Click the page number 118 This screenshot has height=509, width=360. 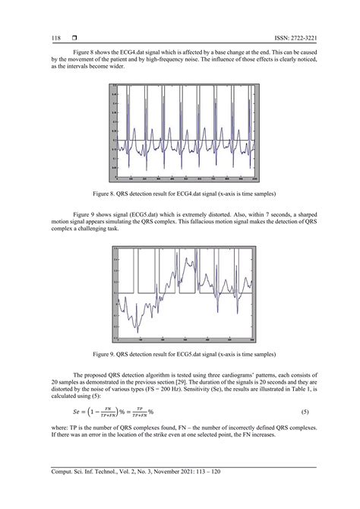pos(56,38)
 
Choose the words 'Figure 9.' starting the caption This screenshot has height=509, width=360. pos(116,354)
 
